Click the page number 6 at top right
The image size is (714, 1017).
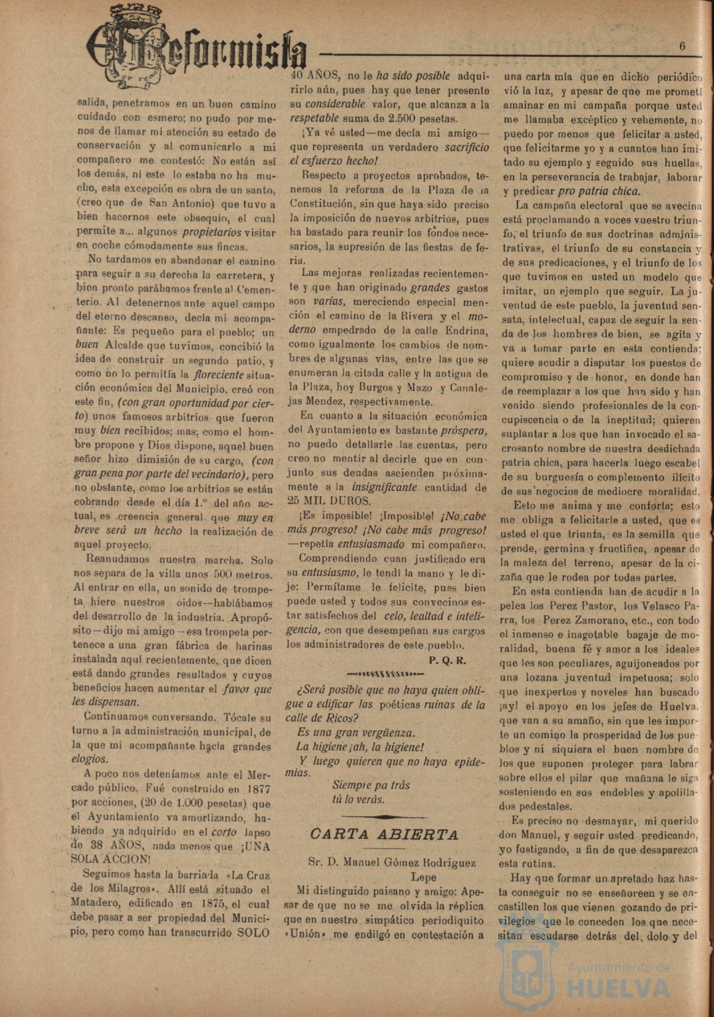(x=682, y=46)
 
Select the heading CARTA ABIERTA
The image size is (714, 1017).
(x=383, y=835)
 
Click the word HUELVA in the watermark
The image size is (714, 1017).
(x=619, y=988)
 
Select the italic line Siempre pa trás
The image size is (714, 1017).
(x=371, y=785)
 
